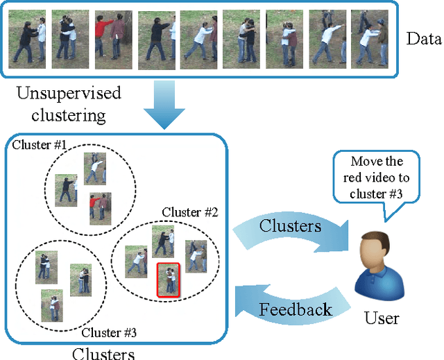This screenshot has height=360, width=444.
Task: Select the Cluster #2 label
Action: tap(189, 212)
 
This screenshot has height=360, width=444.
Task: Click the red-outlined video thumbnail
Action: tap(168, 280)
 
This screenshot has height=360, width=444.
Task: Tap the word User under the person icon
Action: tap(382, 319)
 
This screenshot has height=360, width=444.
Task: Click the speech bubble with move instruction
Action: tap(376, 177)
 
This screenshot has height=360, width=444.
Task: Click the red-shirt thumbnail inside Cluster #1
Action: tap(101, 209)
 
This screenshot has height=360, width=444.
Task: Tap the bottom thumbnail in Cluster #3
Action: tap(51, 305)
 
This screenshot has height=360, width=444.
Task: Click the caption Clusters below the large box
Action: tap(104, 353)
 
